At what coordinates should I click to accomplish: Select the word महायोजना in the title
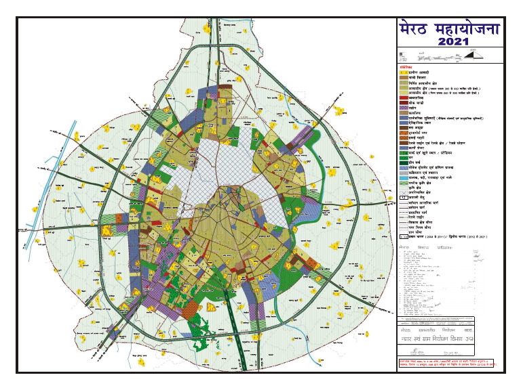[467, 30]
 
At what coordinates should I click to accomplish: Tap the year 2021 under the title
[448, 43]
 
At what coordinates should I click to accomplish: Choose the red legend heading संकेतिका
[405, 67]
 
